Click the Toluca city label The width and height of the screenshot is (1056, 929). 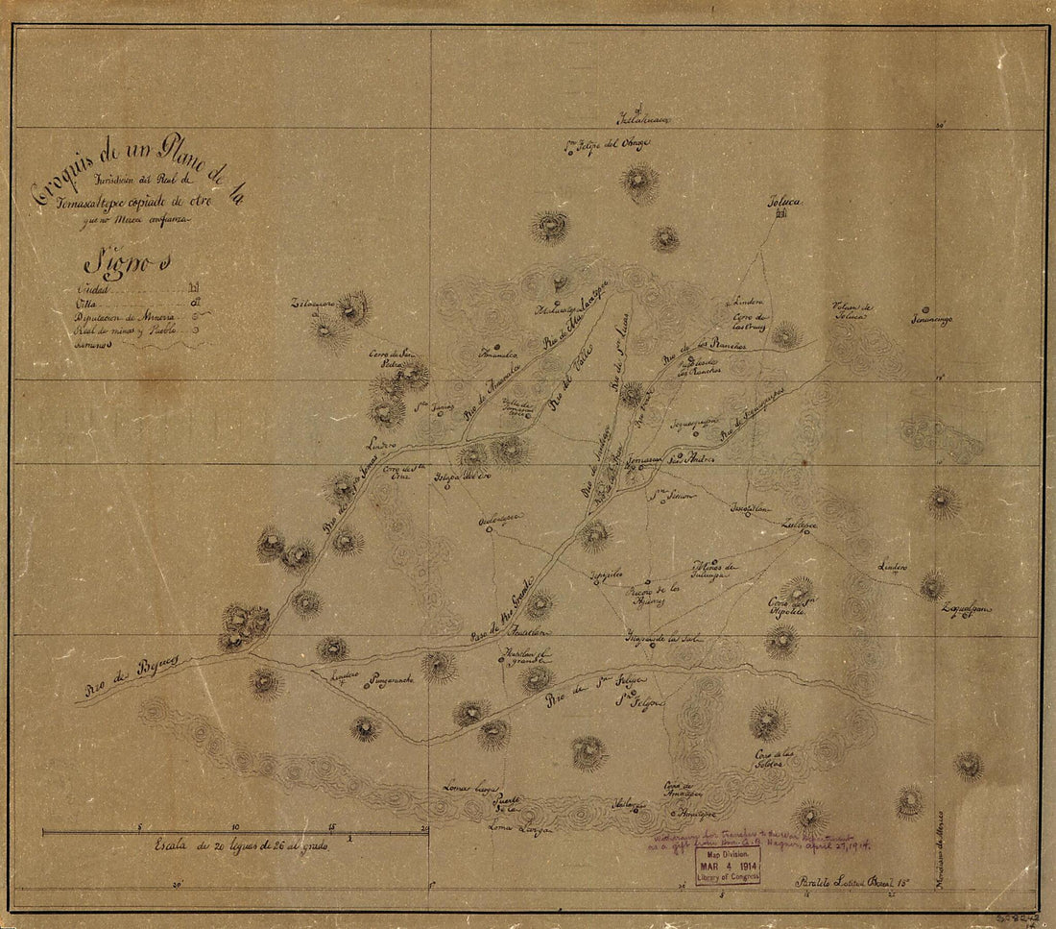click(x=783, y=203)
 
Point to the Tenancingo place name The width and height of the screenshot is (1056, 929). click(x=931, y=320)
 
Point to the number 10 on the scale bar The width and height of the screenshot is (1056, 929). click(x=234, y=827)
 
